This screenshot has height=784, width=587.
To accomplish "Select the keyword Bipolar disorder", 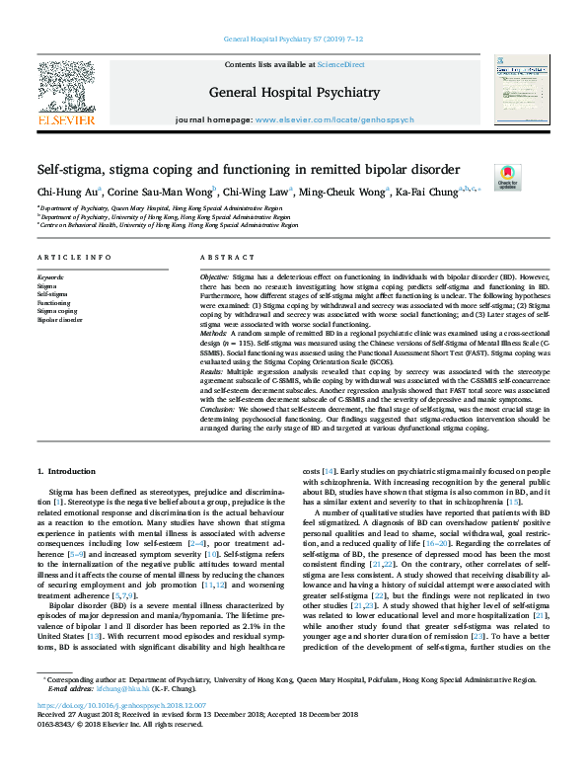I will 60,321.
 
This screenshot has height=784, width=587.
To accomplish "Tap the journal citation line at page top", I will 293,39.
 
